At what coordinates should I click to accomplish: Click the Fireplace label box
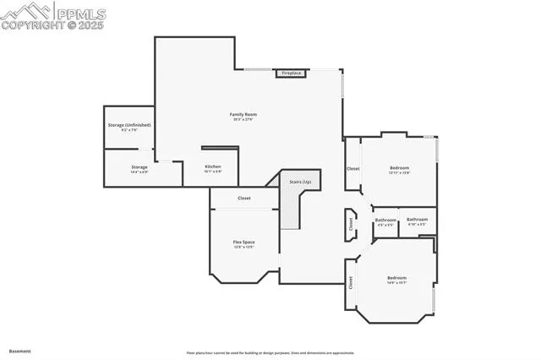tap(291, 74)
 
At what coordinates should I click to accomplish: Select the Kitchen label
tap(213, 168)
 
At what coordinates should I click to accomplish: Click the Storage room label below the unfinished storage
tap(139, 169)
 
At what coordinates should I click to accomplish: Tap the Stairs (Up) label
tap(300, 182)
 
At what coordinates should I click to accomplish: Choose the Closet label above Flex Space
tap(243, 198)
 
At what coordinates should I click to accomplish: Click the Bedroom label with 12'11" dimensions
tap(399, 169)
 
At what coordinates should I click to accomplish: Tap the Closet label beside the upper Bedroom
tap(352, 168)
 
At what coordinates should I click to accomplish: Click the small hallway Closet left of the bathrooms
tap(351, 224)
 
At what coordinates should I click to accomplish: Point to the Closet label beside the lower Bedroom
tap(351, 284)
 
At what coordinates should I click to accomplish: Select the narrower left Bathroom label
tap(385, 222)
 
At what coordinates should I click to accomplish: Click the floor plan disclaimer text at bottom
tap(270, 353)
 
